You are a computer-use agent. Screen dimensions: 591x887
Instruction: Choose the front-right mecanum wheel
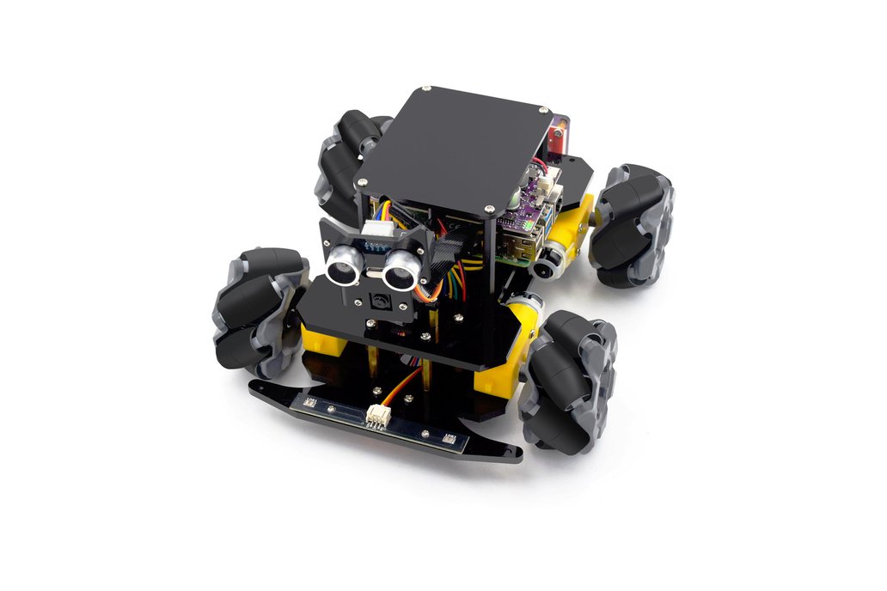pyautogui.click(x=567, y=379)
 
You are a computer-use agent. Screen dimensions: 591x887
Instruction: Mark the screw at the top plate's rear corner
pyautogui.click(x=544, y=110)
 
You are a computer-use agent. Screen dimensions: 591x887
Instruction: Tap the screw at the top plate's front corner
pyautogui.click(x=489, y=207)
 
